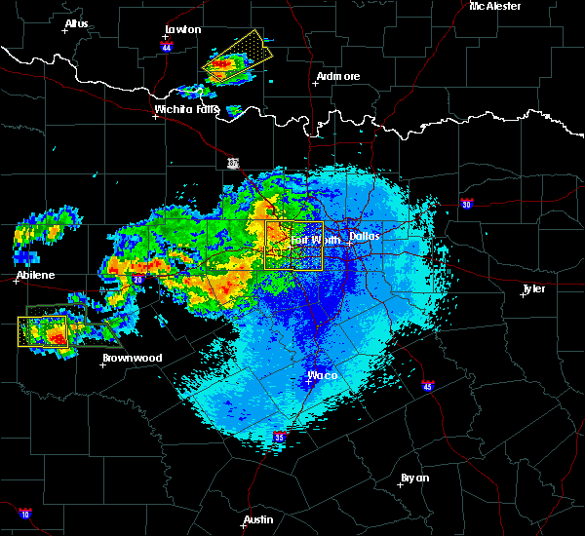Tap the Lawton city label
(182, 29)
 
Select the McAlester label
(495, 6)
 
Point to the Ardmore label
(338, 76)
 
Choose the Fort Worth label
(314, 239)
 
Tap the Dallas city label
(365, 236)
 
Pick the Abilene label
(36, 277)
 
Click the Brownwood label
(133, 358)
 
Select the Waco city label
(322, 375)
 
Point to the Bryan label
(414, 478)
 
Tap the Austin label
(258, 519)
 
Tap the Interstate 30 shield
(467, 204)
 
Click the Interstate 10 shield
(25, 514)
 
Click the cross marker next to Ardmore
(314, 83)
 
